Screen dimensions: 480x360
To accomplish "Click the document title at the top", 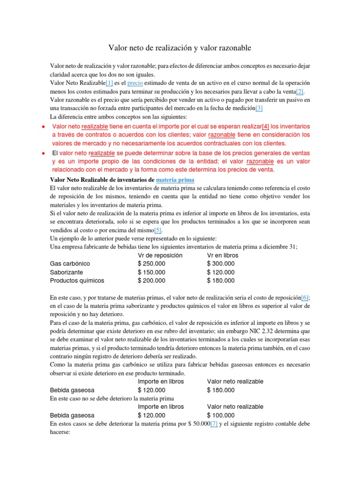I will pyautogui.click(x=180, y=48).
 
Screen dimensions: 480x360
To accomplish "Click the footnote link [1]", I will pyautogui.click(x=109, y=82).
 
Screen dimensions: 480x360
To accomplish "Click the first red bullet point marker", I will pyautogui.click(x=43, y=127).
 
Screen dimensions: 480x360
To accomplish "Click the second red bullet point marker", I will pyautogui.click(x=43, y=153).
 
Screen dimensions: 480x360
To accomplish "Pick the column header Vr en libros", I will pyautogui.click(x=222, y=255).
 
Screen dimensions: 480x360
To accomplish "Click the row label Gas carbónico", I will pyautogui.click(x=70, y=263).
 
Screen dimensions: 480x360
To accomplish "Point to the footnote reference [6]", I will pyautogui.click(x=305, y=298).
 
